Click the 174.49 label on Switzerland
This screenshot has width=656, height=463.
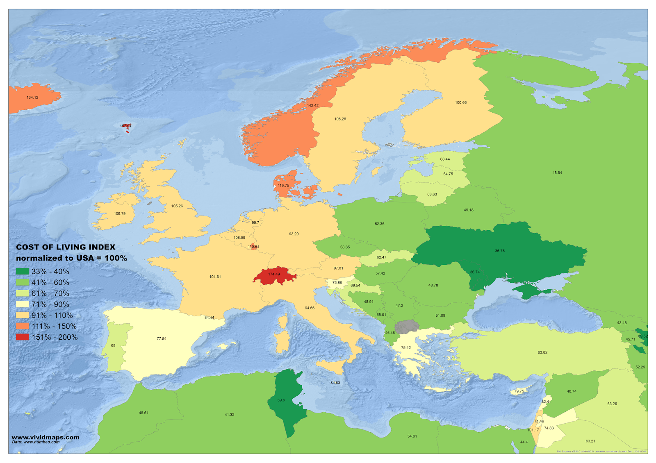[x=274, y=274]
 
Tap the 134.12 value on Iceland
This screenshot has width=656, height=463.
[x=32, y=98]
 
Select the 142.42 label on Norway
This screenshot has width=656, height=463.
[x=312, y=106]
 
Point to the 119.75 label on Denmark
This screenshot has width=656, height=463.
[x=283, y=186]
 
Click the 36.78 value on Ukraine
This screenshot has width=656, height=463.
[x=499, y=251]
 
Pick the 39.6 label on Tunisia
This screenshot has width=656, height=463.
[x=281, y=400]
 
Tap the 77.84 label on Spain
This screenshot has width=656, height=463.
[x=162, y=339]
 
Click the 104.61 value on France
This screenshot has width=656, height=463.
[x=215, y=277]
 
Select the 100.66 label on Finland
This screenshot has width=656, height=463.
[x=460, y=103]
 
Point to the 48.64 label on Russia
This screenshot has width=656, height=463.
[x=557, y=173]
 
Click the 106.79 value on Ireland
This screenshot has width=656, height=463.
[x=120, y=214]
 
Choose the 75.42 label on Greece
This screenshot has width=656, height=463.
[x=406, y=348]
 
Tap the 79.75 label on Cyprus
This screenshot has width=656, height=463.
[x=519, y=391]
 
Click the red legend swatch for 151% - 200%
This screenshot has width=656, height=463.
[x=23, y=337]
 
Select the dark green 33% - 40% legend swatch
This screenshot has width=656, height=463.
[x=23, y=271]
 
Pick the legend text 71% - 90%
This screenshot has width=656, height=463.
[x=50, y=304]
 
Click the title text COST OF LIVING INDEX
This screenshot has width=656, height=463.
[x=66, y=247]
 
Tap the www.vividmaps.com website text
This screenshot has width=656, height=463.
[x=46, y=437]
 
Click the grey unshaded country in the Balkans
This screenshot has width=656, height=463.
[x=407, y=327]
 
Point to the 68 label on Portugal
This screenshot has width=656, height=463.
[x=113, y=346]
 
